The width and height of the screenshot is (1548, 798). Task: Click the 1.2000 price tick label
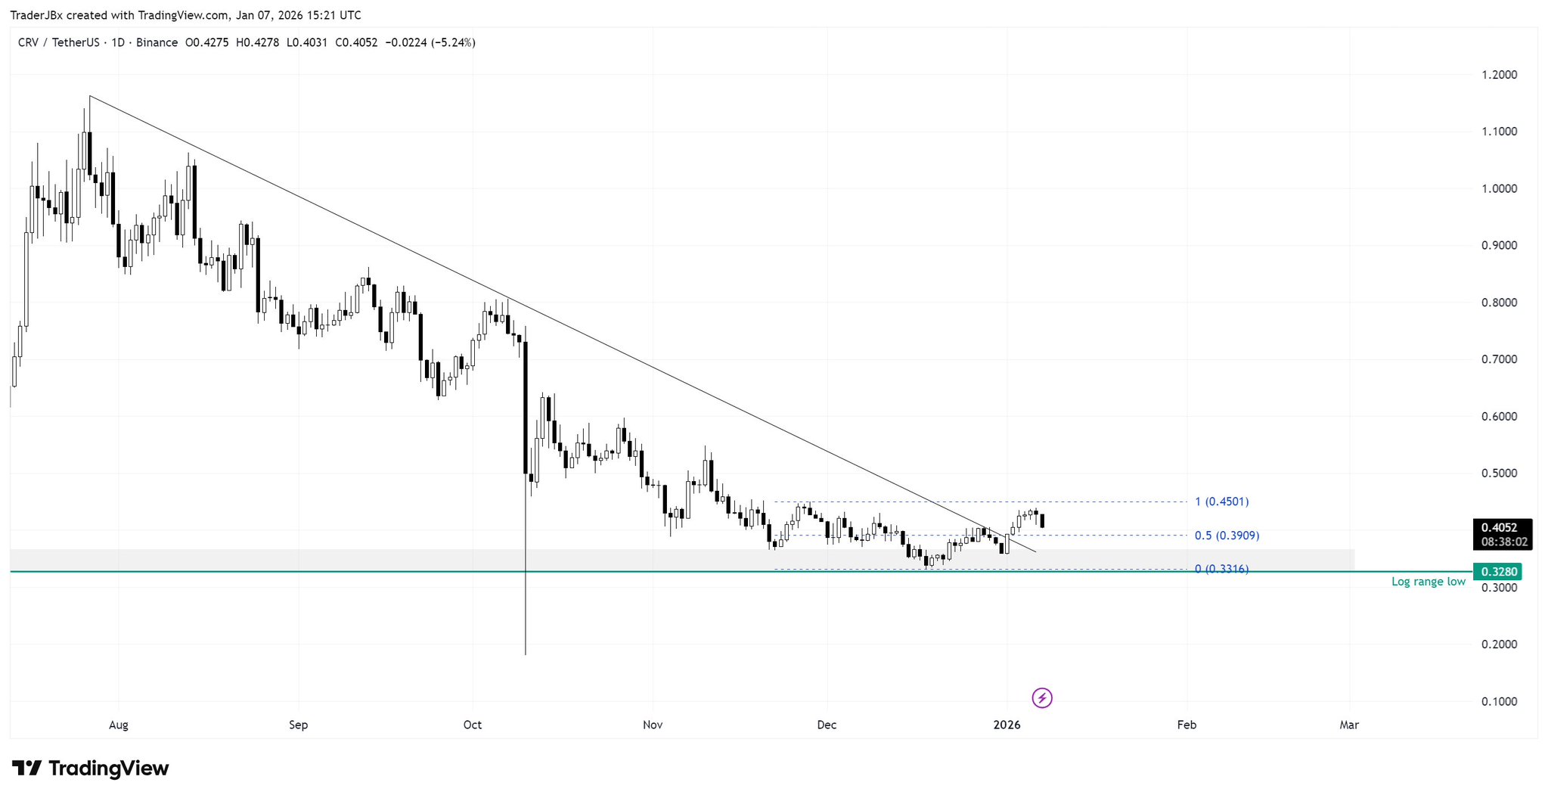[1499, 75]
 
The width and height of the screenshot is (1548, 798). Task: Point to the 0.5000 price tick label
[1499, 474]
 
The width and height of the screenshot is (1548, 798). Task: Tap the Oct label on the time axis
[473, 725]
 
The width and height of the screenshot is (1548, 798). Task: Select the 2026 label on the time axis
[1007, 725]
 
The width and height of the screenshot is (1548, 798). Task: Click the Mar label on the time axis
[1349, 725]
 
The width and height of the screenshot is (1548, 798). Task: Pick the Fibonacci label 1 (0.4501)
[1221, 501]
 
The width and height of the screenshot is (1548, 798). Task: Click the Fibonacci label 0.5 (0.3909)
[1227, 536]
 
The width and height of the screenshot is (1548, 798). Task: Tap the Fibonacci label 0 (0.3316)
[1221, 569]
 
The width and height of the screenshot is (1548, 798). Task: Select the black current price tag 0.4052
[1502, 528]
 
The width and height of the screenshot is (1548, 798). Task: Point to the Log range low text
[1428, 582]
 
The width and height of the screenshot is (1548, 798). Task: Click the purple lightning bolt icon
[1042, 697]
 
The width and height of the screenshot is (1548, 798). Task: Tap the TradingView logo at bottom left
[91, 769]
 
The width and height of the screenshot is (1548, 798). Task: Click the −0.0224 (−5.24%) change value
[430, 42]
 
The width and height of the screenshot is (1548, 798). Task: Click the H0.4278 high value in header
[257, 42]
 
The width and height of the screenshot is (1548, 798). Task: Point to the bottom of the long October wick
[525, 654]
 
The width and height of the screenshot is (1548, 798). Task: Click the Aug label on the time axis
[119, 725]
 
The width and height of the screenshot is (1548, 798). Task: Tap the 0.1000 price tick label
[1499, 701]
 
